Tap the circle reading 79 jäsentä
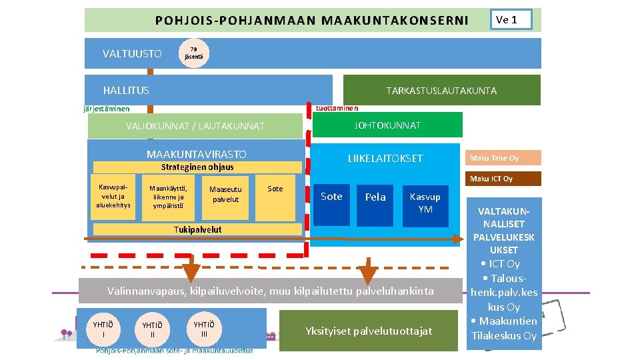(193, 53)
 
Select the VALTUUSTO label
(132, 53)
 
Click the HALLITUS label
(126, 90)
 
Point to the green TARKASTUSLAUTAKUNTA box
(441, 91)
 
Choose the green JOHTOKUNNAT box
(387, 125)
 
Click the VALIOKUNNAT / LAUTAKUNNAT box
(195, 126)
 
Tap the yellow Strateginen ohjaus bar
(198, 167)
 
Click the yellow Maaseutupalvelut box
(225, 197)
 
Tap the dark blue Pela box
(375, 197)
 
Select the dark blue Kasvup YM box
(425, 203)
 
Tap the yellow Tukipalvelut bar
(198, 230)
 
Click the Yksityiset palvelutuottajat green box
(369, 331)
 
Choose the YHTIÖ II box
(153, 329)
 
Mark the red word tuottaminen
(337, 108)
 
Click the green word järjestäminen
(107, 109)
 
